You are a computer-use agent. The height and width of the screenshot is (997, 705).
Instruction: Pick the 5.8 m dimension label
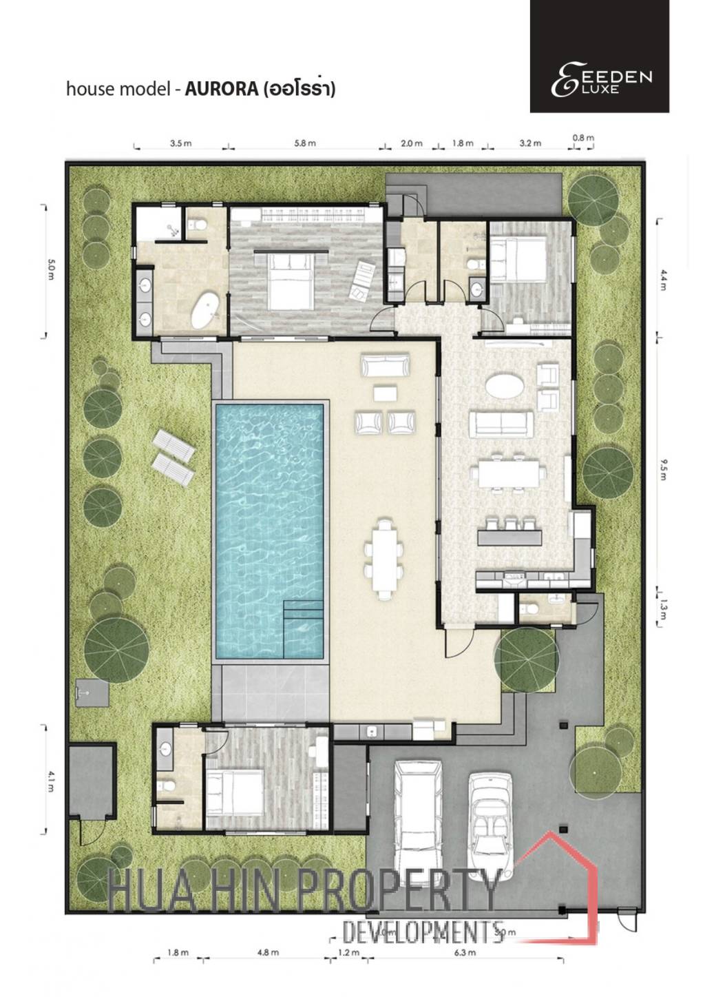[x=304, y=143]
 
